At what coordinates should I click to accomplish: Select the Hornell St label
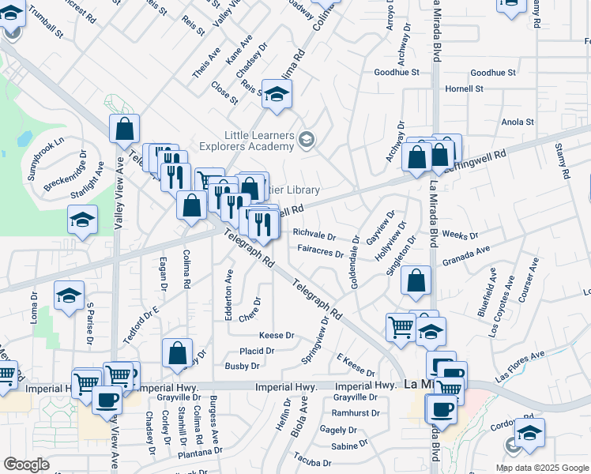[x=464, y=88]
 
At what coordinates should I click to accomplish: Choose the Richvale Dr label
[x=314, y=235]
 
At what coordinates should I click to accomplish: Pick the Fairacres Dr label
[x=320, y=254]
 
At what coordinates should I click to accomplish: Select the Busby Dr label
[x=243, y=366]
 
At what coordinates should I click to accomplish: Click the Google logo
[x=26, y=465]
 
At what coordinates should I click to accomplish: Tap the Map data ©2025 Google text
[x=541, y=468]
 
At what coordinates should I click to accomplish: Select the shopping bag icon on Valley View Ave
[x=124, y=129]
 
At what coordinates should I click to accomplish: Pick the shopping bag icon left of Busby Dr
[x=177, y=352]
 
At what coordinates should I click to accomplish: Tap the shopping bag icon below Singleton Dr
[x=416, y=280]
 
